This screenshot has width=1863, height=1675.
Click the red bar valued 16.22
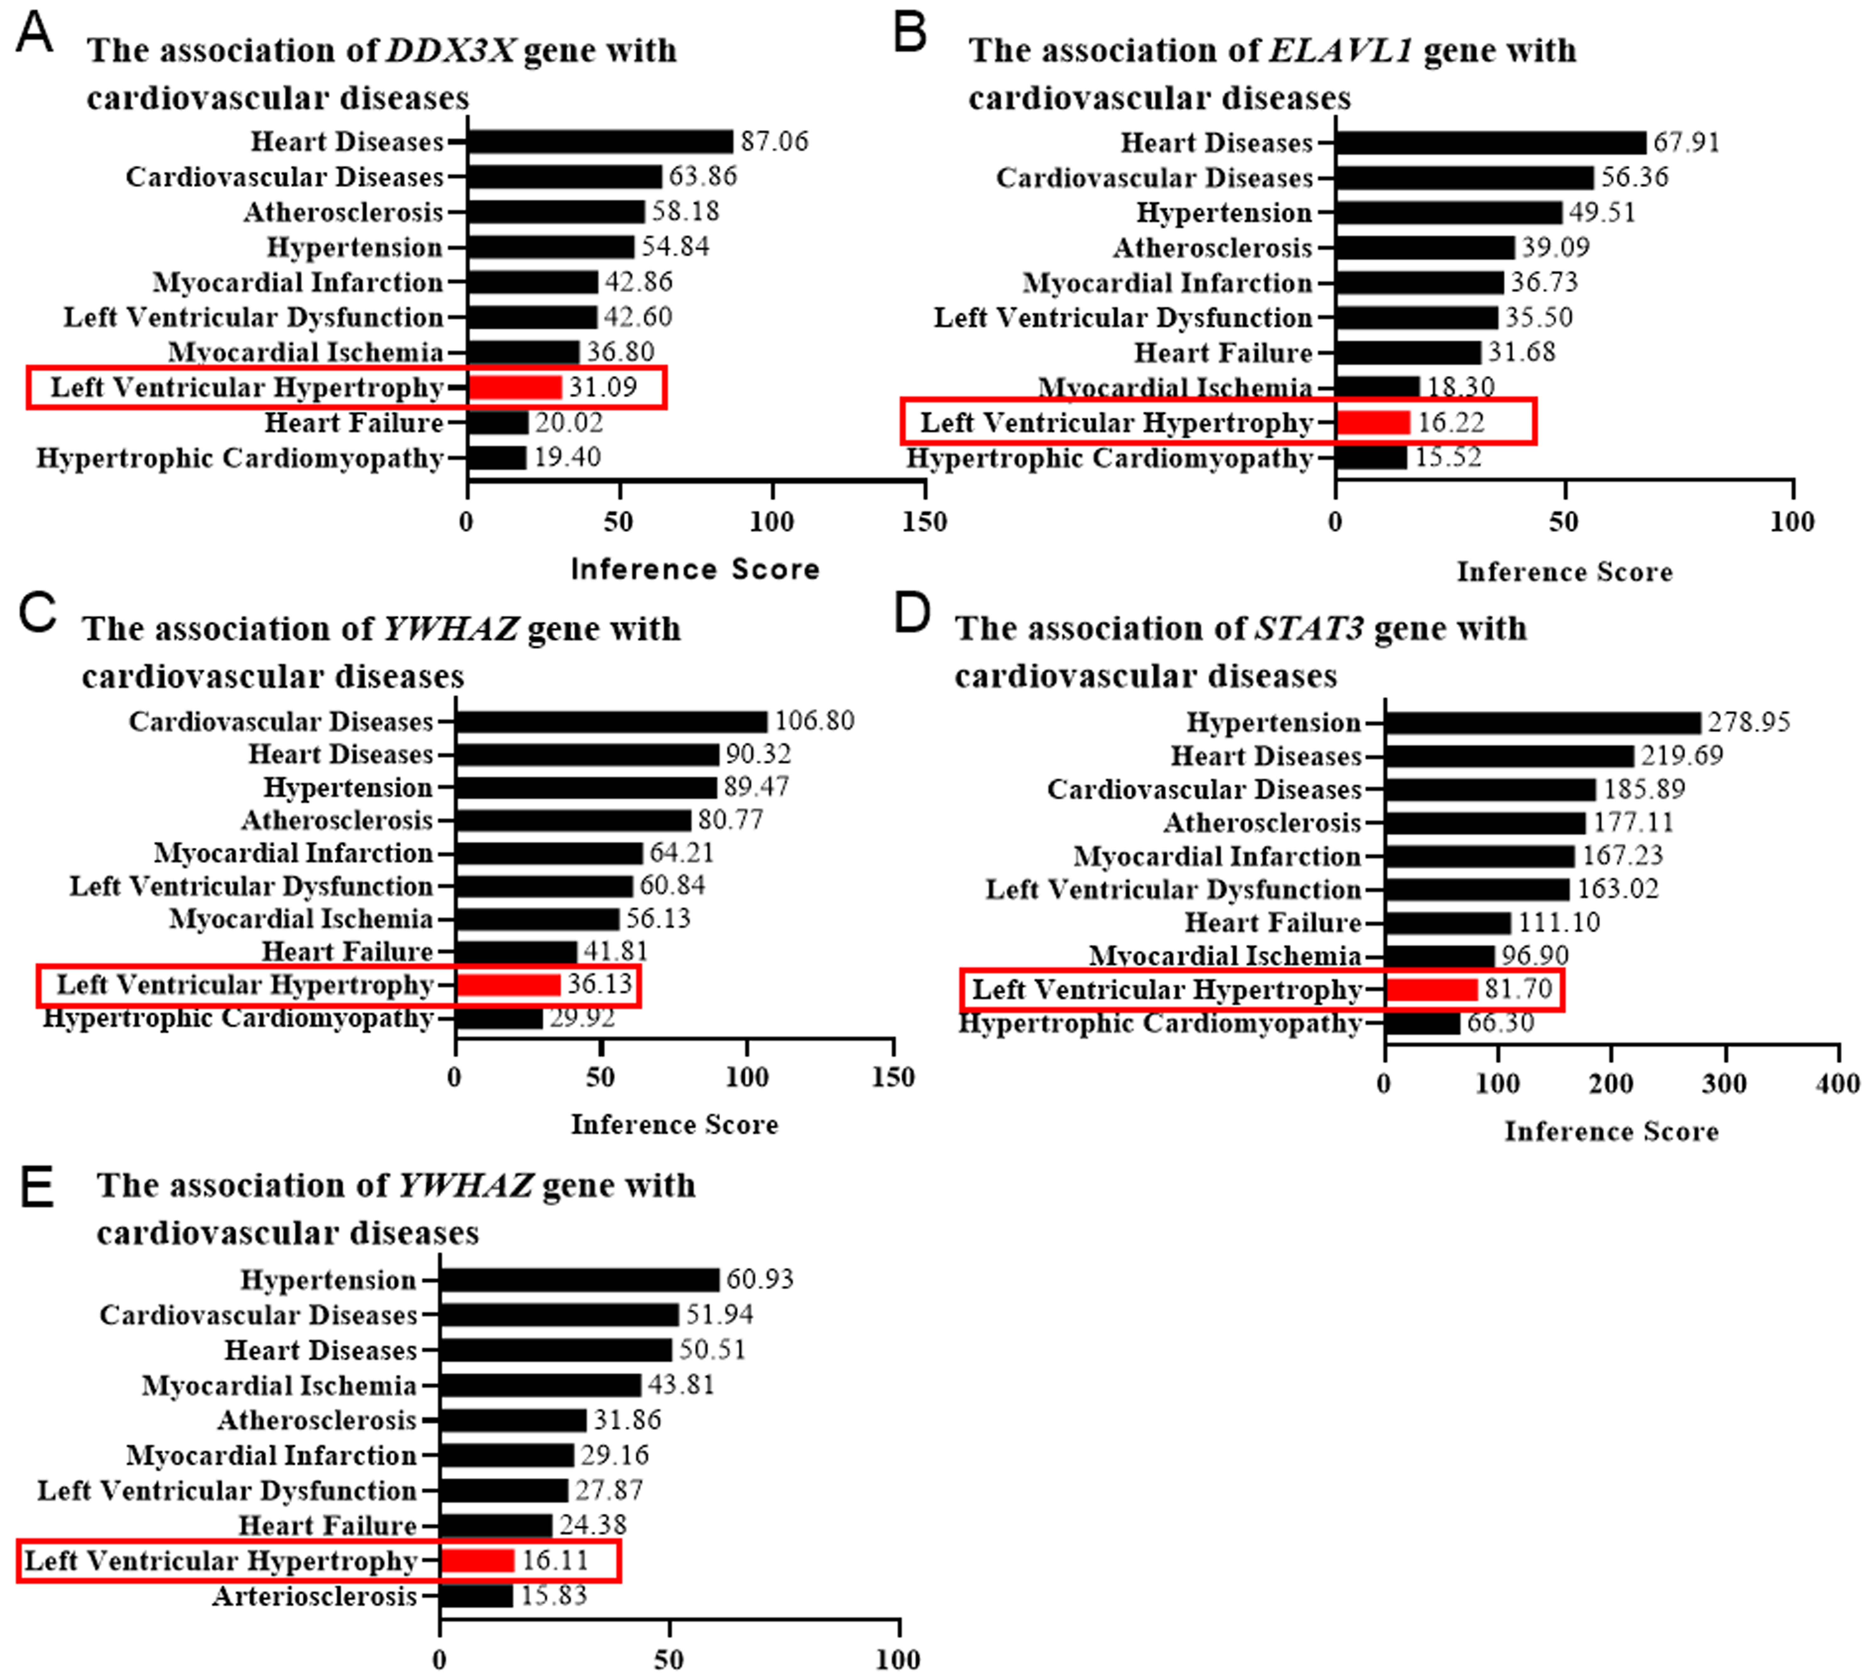tap(1373, 423)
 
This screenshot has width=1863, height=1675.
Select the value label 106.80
tap(814, 721)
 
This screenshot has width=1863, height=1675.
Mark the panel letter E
tap(37, 1187)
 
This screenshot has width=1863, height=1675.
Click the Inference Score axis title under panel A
tap(694, 569)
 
